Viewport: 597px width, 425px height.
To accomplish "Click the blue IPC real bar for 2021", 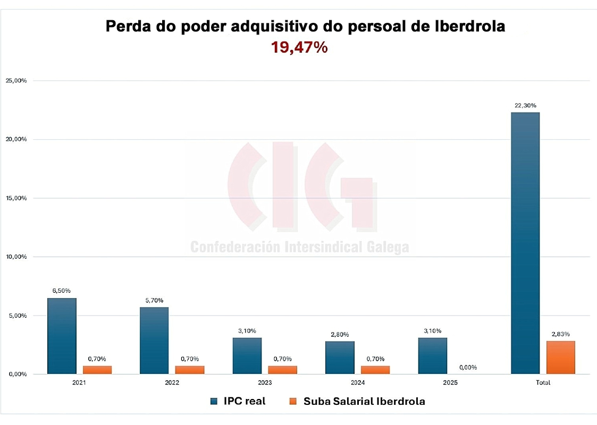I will click(62, 336).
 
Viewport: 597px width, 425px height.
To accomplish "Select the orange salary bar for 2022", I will click(190, 370).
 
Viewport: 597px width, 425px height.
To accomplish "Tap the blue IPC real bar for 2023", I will click(247, 356).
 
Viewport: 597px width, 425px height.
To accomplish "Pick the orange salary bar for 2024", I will click(375, 370).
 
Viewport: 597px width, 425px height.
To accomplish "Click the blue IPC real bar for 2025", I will click(432, 356).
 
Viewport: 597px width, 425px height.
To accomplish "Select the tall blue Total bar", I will click(525, 243).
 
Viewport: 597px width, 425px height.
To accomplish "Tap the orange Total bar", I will click(560, 358).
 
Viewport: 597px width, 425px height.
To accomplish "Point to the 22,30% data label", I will click(525, 106).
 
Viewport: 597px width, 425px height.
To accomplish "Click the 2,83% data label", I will click(560, 334).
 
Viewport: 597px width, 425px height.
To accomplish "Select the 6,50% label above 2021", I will click(62, 291).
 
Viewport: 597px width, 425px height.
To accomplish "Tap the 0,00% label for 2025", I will click(468, 367).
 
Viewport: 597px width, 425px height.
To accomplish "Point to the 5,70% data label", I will click(154, 300).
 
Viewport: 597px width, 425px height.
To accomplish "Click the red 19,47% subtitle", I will click(299, 47).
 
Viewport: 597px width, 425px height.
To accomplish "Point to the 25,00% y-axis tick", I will click(16, 81).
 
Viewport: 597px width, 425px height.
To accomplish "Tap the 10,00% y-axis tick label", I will click(16, 257).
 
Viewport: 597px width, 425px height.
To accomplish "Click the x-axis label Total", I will click(543, 382).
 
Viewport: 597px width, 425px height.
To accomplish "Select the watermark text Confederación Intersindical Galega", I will click(299, 247).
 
